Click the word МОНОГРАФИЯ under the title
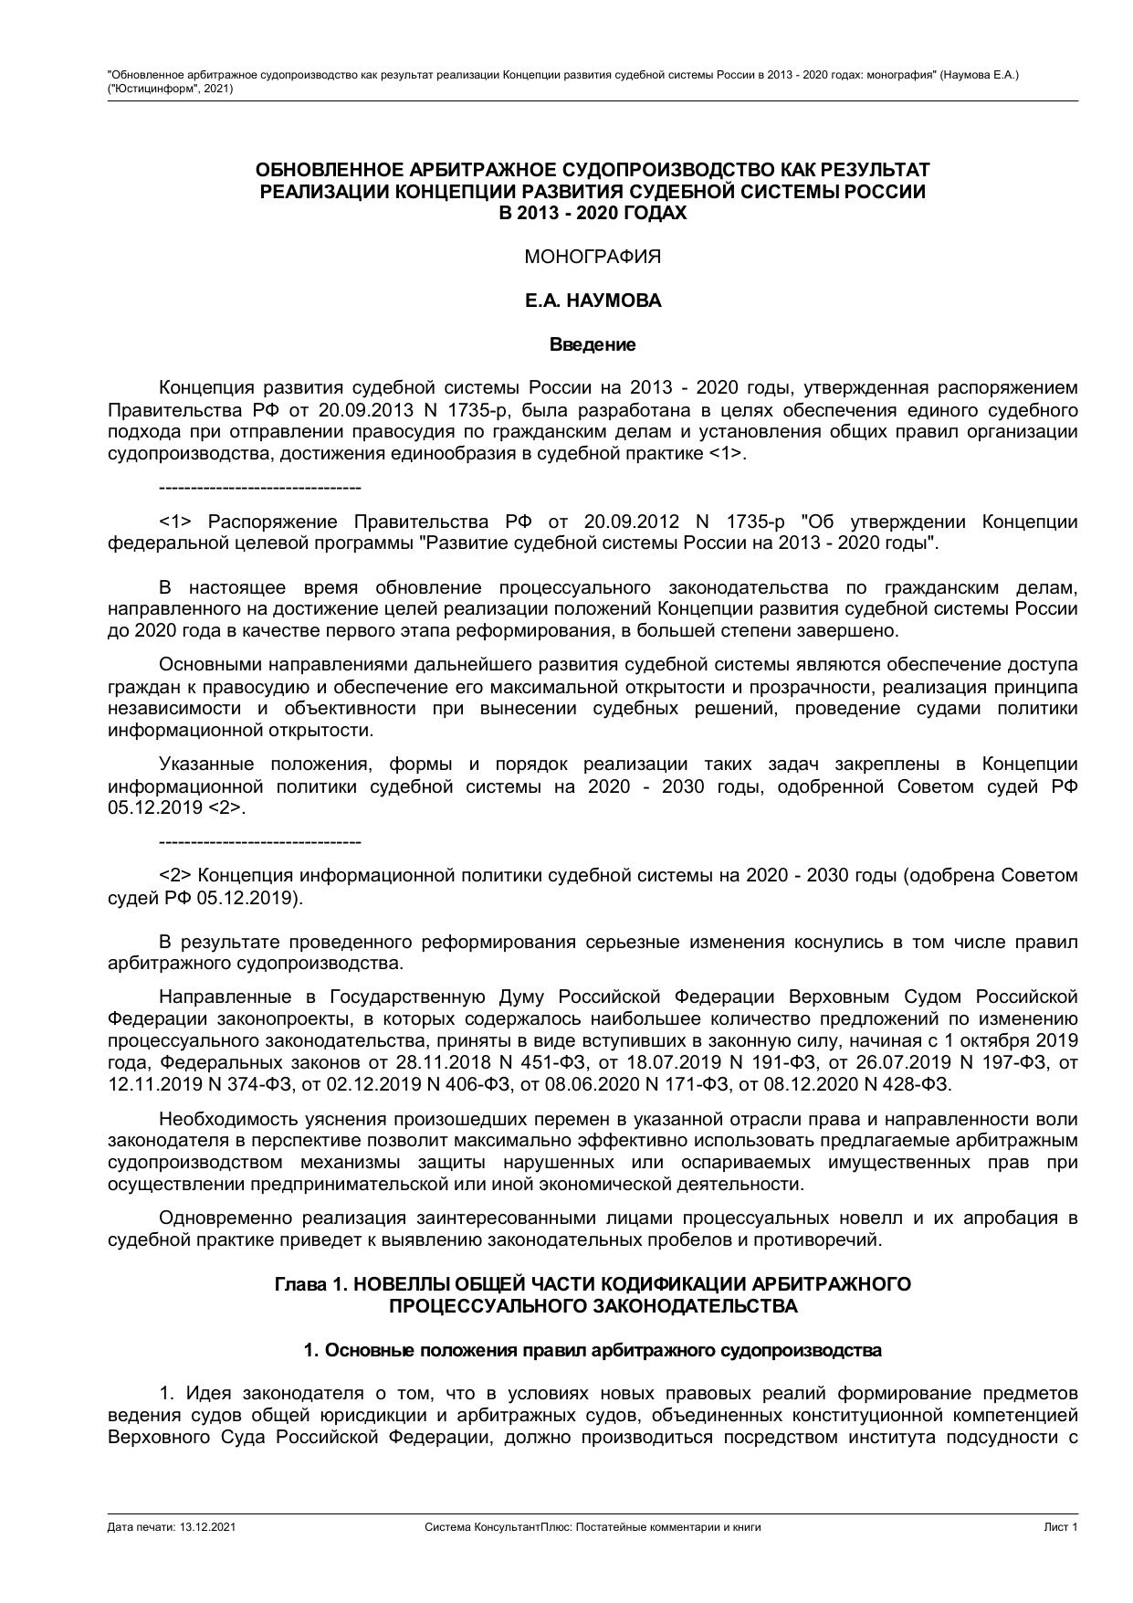click(593, 257)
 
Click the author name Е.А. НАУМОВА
click(593, 301)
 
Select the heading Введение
click(593, 344)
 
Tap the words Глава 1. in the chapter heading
click(310, 1284)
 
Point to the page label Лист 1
click(1061, 1526)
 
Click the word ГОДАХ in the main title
click(654, 214)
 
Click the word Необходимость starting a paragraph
click(217, 1119)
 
